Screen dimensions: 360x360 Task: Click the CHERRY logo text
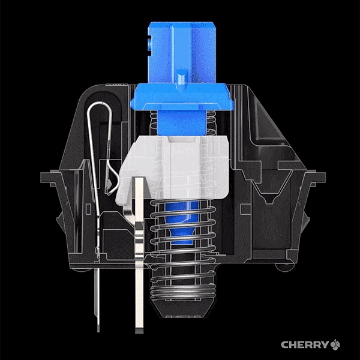pyautogui.click(x=305, y=344)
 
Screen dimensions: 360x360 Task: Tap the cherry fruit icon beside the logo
pyautogui.click(x=335, y=344)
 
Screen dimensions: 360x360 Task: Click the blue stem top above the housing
pyautogui.click(x=182, y=52)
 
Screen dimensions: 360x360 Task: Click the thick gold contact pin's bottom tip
pyautogui.click(x=139, y=331)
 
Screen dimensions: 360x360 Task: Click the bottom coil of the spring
pyautogui.click(x=183, y=296)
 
